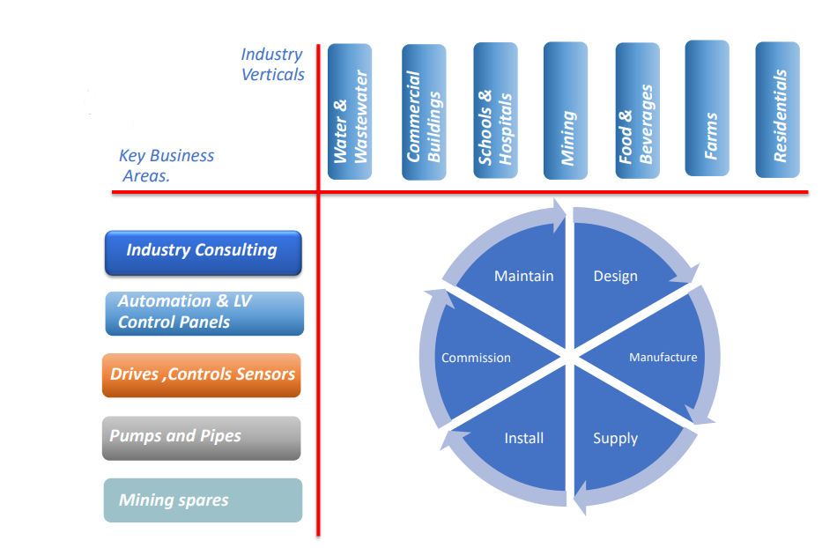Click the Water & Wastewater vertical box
350,112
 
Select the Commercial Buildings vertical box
424,112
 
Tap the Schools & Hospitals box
495,112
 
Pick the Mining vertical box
566,111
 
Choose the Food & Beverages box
637,111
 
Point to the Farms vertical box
707,108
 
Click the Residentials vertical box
778,109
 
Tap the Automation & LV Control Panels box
204,313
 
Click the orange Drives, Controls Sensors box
202,375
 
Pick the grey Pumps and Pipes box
202,438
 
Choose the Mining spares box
203,500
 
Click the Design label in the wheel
615,277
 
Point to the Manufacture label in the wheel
663,358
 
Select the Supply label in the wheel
615,439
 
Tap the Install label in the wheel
523,439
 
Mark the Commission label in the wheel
476,359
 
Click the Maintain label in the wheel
523,277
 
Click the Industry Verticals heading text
272,65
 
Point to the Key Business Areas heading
167,166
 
